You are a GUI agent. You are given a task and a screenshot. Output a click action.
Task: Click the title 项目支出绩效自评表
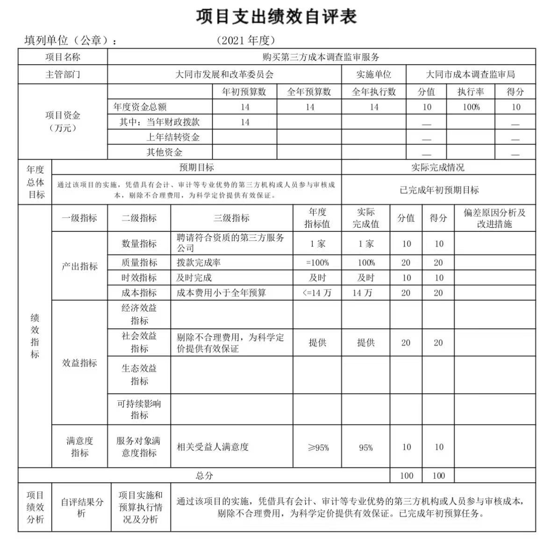[276, 17]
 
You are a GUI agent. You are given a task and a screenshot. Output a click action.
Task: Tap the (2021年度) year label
[246, 41]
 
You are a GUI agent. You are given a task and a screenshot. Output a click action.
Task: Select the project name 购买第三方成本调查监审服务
[321, 57]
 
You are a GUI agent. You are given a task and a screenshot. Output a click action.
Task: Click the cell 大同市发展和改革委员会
[224, 74]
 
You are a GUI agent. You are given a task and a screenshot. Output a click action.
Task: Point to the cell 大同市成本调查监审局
[471, 74]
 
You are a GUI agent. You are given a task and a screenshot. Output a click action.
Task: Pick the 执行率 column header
[471, 92]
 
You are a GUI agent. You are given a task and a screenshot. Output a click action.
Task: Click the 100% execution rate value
[471, 107]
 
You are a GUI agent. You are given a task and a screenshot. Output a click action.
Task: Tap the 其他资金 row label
[164, 152]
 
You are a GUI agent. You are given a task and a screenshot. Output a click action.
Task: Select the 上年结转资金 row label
[173, 137]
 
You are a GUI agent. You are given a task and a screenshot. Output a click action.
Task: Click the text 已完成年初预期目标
[439, 190]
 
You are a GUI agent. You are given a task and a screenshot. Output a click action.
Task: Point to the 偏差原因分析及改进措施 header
[494, 218]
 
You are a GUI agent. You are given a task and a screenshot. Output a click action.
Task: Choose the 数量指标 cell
[139, 244]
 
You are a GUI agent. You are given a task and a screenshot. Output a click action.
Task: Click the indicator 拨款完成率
[199, 263]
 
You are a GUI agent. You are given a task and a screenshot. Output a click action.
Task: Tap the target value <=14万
[317, 293]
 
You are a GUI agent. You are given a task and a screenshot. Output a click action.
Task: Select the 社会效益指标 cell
[139, 342]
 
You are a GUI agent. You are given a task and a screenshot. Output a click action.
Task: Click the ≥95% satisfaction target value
[318, 448]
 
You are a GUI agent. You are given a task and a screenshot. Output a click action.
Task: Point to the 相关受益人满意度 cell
[213, 447]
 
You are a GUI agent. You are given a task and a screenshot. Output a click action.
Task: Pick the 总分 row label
[204, 476]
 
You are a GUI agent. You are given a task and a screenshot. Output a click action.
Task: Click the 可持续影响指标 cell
[139, 409]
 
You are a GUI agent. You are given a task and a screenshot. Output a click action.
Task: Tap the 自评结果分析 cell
[81, 507]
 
